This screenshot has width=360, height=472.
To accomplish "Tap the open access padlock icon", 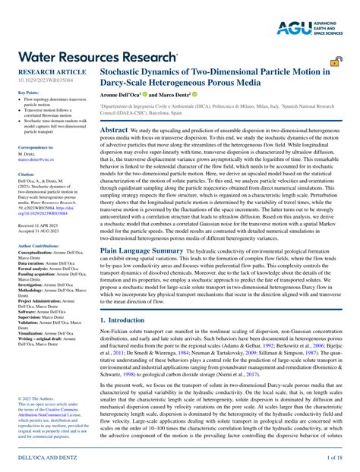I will (x=335, y=60).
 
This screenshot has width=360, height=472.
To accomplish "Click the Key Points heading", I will (x=28, y=93).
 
